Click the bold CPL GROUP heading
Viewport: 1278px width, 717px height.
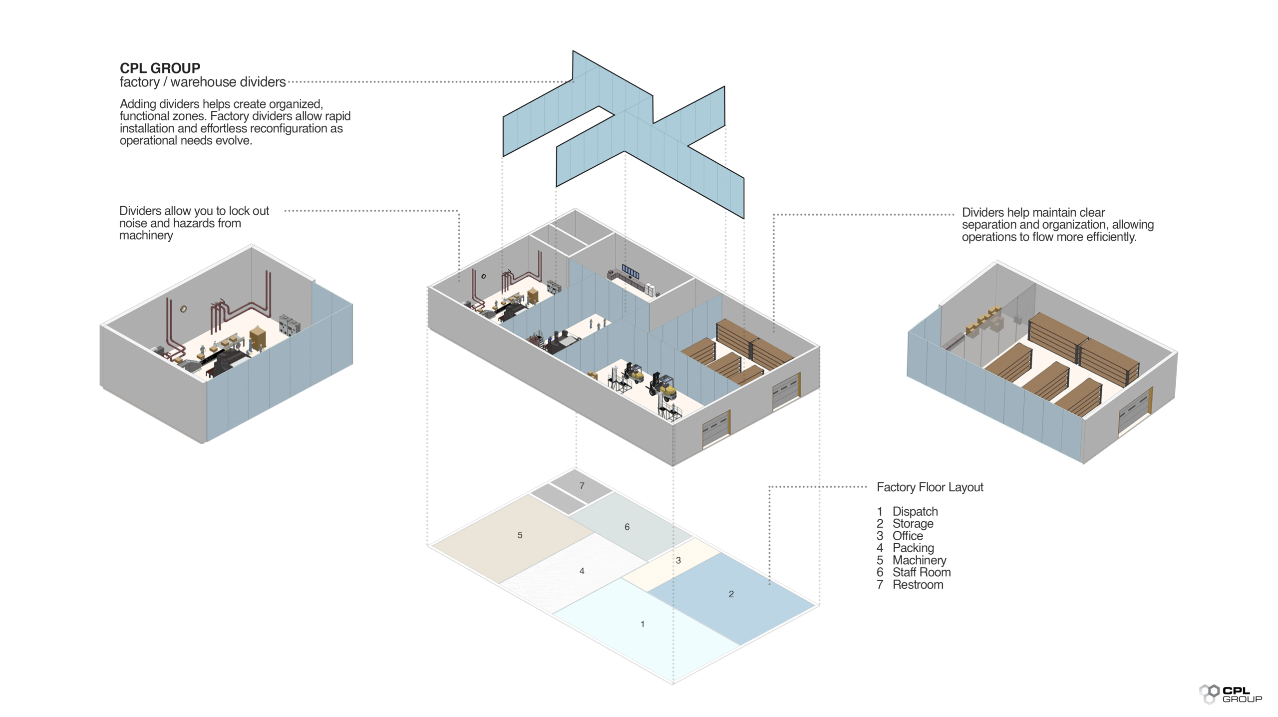[x=160, y=68]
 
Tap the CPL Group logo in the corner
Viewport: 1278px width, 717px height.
[x=1230, y=694]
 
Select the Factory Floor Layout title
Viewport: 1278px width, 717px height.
[x=930, y=487]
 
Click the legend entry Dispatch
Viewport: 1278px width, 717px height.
[x=915, y=511]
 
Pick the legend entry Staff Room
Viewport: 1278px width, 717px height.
[x=921, y=572]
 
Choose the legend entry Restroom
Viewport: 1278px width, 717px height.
[x=918, y=585]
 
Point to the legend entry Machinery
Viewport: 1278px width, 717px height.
[x=919, y=560]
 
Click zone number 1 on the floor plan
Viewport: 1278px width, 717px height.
[x=642, y=624]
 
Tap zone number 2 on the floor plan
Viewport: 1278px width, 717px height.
[x=731, y=594]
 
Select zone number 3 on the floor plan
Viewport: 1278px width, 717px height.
[x=678, y=560]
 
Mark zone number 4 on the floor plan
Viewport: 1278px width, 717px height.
[x=582, y=571]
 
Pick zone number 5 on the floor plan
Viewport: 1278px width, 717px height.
[x=520, y=535]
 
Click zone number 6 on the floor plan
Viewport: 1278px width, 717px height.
[x=627, y=527]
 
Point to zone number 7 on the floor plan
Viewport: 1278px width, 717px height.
[x=582, y=486]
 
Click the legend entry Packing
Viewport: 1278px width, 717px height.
[x=913, y=548]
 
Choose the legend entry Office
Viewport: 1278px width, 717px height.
[x=908, y=536]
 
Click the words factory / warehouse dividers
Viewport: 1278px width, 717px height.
[x=202, y=82]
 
